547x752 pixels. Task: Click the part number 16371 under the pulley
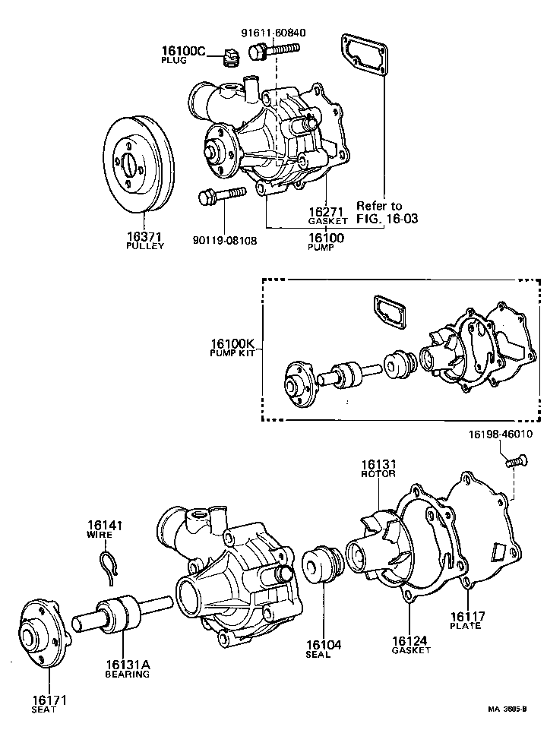144,237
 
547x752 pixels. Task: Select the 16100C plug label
183,52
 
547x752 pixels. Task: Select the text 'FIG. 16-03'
387,218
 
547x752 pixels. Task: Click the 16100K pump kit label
232,343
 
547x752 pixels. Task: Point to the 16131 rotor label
378,464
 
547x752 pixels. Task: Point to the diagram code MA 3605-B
507,710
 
